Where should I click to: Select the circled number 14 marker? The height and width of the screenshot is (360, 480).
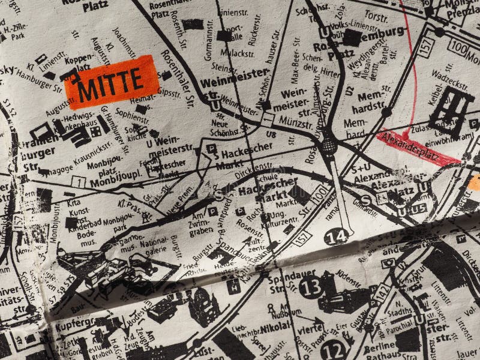[337, 236]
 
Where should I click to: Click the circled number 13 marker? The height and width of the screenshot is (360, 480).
[310, 287]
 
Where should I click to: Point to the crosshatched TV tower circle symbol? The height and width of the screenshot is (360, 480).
[328, 145]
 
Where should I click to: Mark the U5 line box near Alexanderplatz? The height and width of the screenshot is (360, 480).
[418, 208]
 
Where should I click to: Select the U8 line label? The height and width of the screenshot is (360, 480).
[271, 136]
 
